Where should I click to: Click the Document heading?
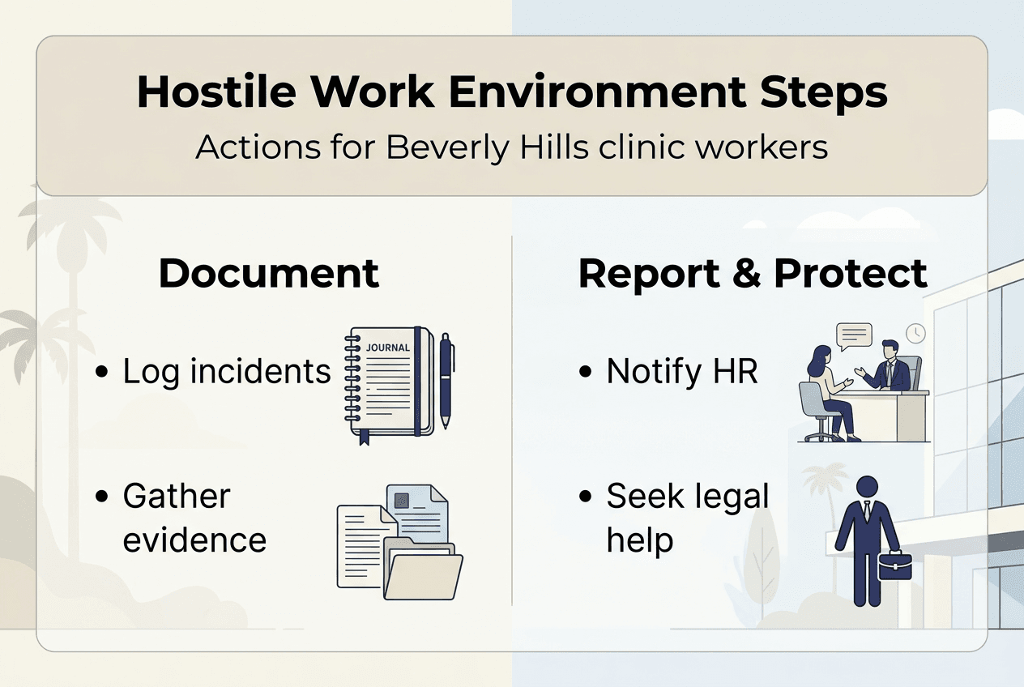268,273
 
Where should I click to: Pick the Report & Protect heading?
753,273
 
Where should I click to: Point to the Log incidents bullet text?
227,371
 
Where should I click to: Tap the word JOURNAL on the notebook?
388,348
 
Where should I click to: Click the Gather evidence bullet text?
194,518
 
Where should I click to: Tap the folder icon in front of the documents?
421,572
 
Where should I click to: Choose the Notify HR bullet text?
682,371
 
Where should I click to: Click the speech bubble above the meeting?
855,335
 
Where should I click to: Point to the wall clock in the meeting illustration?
916,334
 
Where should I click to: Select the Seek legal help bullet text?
687,518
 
